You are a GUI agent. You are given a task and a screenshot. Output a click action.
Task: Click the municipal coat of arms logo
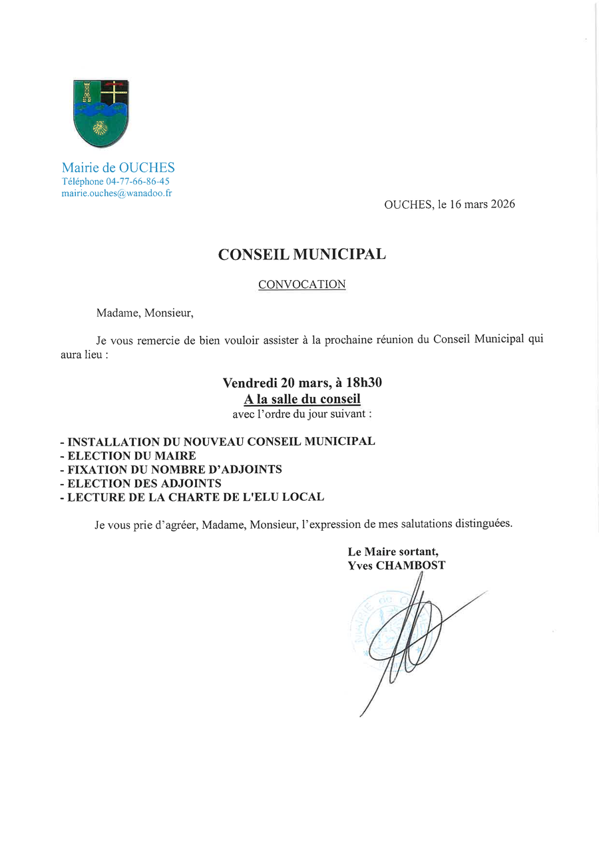[100, 113]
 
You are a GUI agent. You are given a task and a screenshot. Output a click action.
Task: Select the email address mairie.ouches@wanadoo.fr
[116, 193]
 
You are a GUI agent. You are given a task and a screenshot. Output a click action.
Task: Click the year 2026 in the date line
[502, 204]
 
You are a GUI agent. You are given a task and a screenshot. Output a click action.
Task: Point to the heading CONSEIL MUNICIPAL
[302, 254]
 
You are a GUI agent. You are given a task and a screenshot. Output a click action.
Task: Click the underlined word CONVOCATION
[302, 285]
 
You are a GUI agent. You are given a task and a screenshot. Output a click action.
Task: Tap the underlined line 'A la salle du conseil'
[302, 399]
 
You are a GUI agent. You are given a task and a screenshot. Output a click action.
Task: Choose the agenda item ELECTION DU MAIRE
[132, 456]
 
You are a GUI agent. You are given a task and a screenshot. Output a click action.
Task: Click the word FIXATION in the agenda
[96, 470]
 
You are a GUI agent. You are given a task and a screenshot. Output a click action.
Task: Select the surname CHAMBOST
[411, 565]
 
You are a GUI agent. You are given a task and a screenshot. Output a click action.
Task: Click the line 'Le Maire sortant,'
[393, 552]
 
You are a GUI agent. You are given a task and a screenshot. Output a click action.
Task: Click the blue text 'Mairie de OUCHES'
[118, 168]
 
